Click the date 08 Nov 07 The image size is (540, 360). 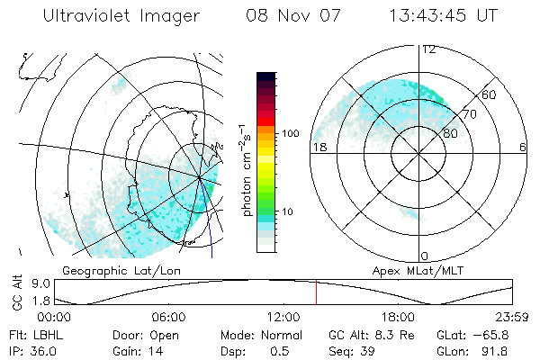283,16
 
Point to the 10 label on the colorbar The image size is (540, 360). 288,212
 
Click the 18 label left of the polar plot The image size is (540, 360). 318,147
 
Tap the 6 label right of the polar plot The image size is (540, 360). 523,147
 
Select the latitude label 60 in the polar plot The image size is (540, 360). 490,94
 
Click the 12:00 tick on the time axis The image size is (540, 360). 283,318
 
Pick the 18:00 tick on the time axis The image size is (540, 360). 398,318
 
